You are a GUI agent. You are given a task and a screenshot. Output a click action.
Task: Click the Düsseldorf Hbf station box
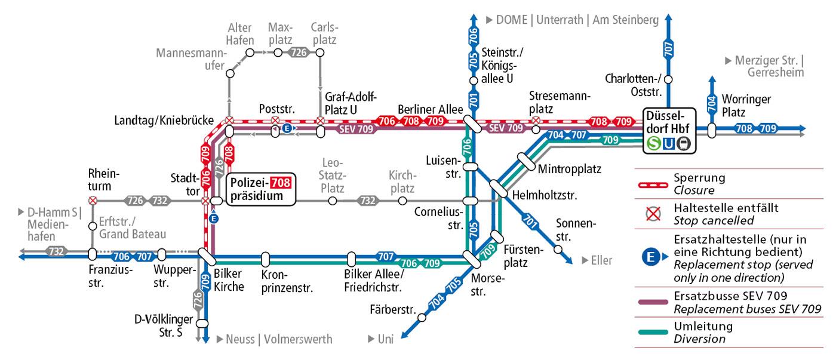coord(668,130)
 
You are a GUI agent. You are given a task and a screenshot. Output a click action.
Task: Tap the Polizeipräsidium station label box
coord(260,189)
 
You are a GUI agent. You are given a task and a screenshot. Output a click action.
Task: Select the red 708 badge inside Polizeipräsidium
coord(281,183)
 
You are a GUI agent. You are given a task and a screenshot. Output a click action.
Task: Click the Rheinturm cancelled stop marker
coord(93,201)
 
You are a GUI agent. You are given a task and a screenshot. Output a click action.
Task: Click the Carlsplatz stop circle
coord(320,53)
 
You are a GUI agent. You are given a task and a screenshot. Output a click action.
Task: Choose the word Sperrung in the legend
coord(699,178)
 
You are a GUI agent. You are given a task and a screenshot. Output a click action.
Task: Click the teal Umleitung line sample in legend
coord(653,333)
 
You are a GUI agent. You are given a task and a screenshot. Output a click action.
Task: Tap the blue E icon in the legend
coord(651,258)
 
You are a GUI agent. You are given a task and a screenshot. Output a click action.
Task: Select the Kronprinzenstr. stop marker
coord(266,260)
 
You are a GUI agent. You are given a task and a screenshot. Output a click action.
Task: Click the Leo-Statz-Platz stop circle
coord(333,201)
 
